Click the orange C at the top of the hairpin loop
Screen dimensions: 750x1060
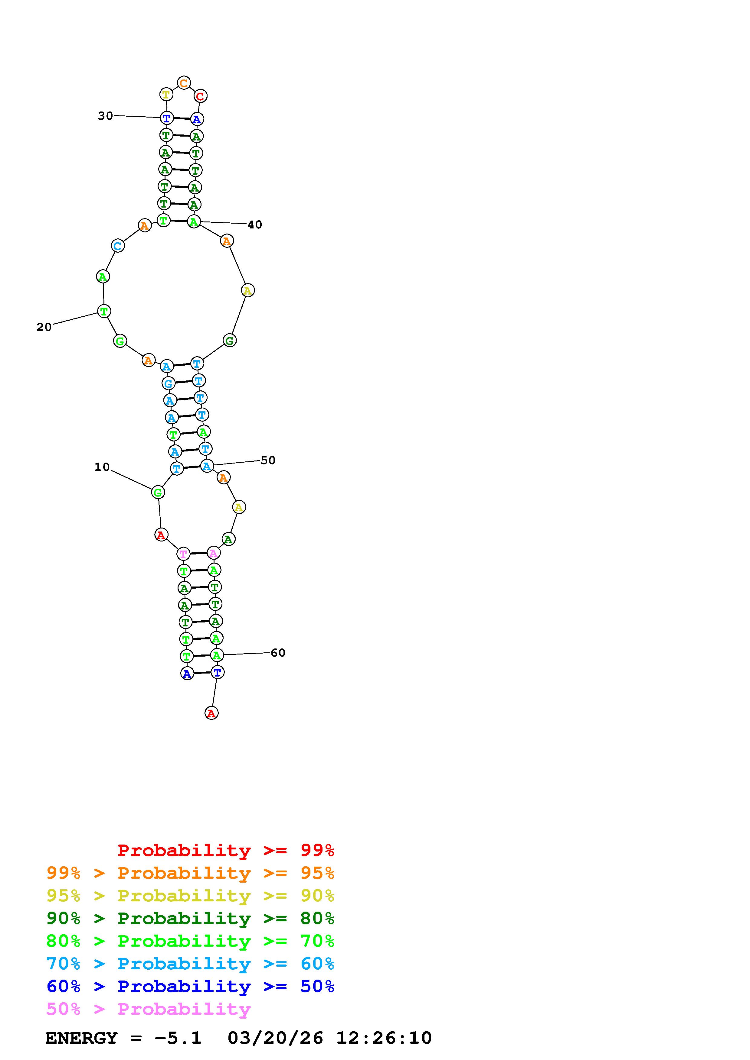[184, 83]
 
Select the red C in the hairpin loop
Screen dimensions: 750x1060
[200, 96]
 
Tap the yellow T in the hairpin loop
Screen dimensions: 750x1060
[166, 95]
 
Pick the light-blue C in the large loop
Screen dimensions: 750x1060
[118, 246]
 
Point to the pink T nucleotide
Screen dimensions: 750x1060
[183, 554]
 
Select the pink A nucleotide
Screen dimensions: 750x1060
[213, 553]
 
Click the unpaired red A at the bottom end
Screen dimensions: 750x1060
[211, 713]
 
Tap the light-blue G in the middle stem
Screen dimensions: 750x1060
[168, 383]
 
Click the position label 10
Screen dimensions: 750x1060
[102, 467]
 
